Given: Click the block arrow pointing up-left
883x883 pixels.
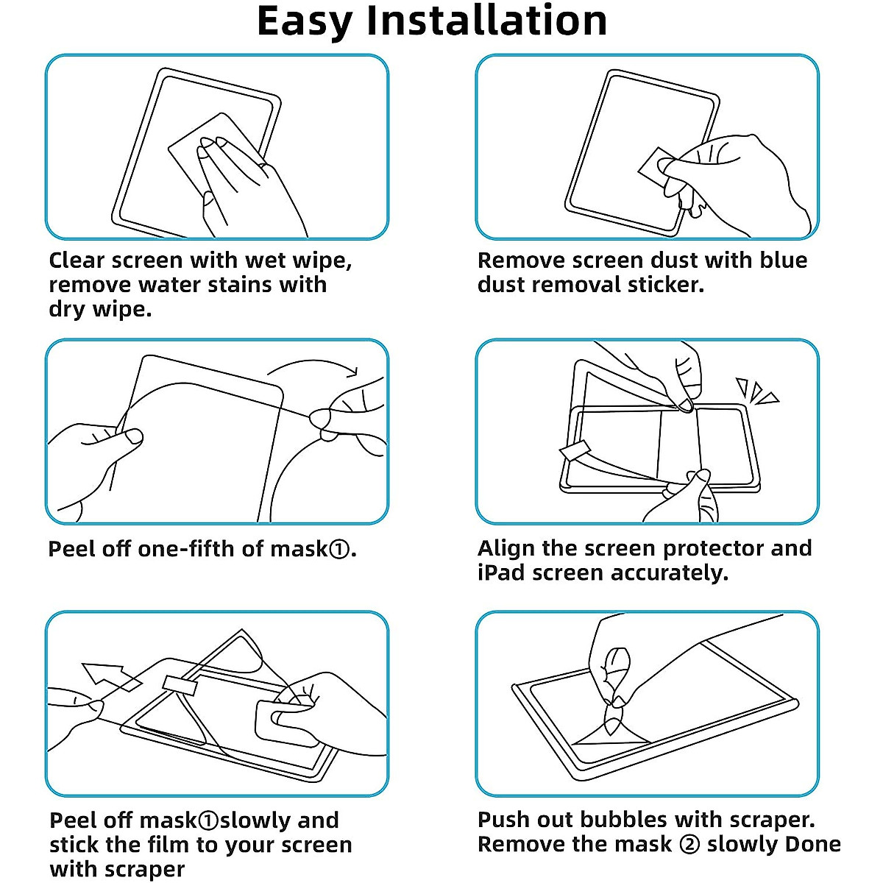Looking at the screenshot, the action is pos(110,677).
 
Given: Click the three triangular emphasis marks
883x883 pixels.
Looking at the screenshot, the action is pos(756,391).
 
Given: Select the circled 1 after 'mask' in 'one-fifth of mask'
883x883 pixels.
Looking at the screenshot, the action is pos(339,549).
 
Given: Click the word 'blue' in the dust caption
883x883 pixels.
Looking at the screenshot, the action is pos(784,260).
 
